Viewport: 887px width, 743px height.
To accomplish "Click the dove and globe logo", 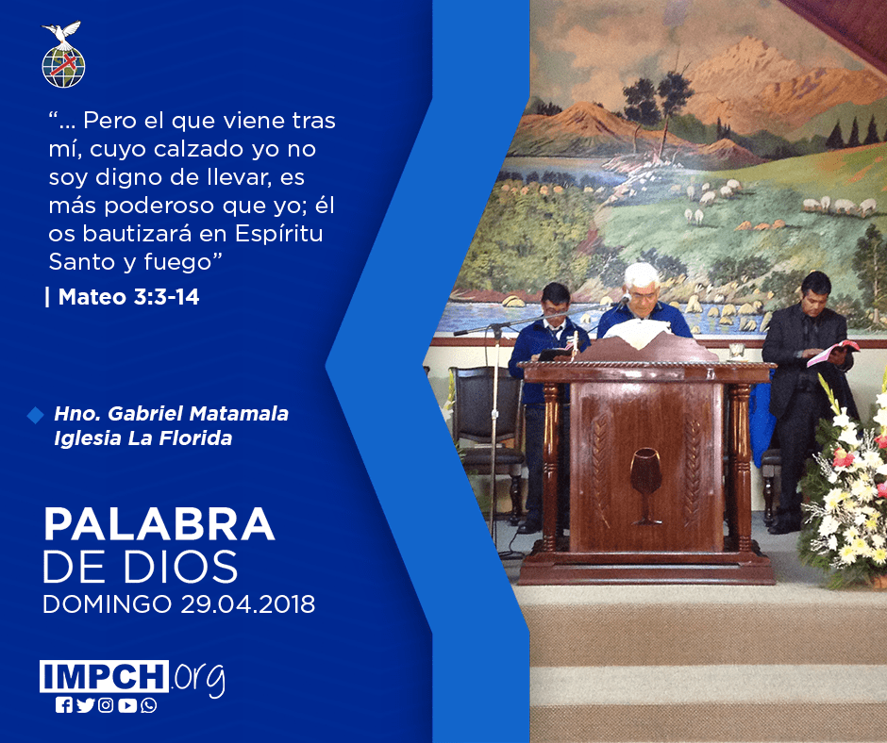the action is (63, 55).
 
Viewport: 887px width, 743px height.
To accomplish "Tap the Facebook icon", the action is (64, 705).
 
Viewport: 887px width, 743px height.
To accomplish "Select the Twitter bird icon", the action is (85, 705).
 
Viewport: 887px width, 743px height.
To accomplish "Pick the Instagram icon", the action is (106, 705).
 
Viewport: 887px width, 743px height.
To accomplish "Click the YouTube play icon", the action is (127, 705).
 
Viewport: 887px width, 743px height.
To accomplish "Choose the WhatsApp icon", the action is (149, 705).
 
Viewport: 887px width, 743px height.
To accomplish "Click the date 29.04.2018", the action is (248, 603).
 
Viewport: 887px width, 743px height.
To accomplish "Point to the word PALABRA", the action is (159, 525).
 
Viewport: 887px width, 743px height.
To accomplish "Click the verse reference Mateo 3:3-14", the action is (128, 297).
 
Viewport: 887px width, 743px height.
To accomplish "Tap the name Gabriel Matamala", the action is (198, 413).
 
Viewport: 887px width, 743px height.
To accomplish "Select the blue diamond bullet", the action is (35, 415).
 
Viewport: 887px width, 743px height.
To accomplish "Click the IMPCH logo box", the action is (104, 676).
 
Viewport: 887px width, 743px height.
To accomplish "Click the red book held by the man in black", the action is (832, 351).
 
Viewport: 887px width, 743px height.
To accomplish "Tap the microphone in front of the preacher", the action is (625, 299).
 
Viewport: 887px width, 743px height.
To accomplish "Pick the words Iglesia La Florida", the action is (143, 438).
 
